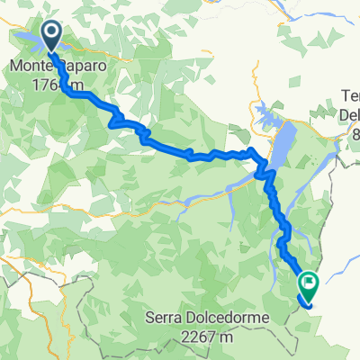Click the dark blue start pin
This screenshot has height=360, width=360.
tap(50, 35)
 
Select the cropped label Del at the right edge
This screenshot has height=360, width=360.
tap(349, 114)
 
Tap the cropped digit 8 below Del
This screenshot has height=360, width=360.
tap(355, 133)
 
